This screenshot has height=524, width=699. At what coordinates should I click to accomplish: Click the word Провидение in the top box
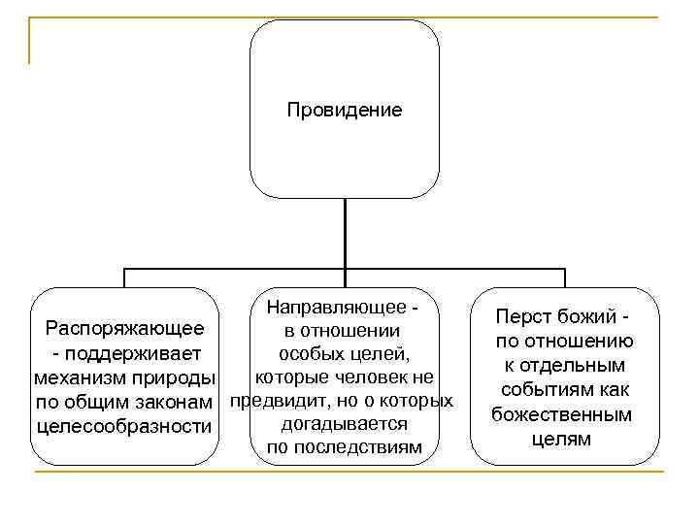pyautogui.click(x=345, y=110)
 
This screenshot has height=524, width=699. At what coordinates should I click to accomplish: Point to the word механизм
pyautogui.click(x=82, y=377)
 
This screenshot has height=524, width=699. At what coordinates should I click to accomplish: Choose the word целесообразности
pyautogui.click(x=123, y=425)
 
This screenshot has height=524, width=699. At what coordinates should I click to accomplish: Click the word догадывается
pyautogui.click(x=344, y=424)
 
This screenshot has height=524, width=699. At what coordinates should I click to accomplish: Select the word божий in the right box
pyautogui.click(x=591, y=317)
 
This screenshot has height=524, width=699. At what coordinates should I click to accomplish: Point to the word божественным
pyautogui.click(x=563, y=414)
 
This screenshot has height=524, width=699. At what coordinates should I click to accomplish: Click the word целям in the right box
pyautogui.click(x=562, y=439)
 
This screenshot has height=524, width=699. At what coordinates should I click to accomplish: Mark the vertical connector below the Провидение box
pyautogui.click(x=345, y=233)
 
